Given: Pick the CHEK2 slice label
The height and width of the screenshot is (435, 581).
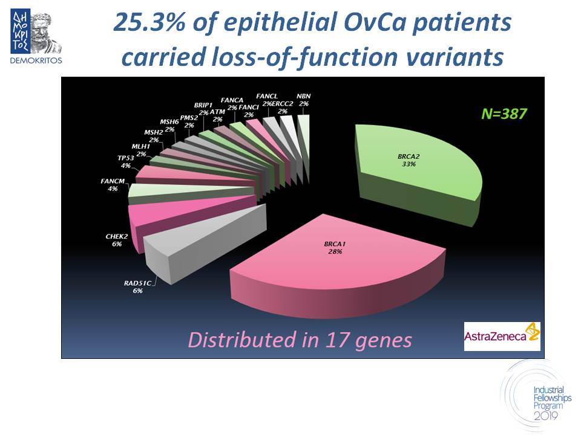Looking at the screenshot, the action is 116,240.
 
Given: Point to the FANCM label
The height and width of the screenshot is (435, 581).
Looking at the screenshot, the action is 113,185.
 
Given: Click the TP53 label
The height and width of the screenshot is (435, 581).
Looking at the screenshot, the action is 126,162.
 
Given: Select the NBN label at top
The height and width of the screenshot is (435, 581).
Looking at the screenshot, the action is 303,100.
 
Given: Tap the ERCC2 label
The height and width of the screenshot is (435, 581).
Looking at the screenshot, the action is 283,108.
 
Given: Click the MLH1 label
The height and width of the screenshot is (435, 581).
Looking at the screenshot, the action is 141,150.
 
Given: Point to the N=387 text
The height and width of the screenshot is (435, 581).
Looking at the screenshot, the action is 504,114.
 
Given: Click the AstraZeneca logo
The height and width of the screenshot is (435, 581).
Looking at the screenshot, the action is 502,337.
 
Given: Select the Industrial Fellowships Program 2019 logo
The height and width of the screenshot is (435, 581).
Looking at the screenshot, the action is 540,396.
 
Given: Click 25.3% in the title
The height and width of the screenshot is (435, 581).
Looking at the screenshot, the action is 149,22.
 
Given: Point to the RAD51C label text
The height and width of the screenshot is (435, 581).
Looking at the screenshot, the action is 137,283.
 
